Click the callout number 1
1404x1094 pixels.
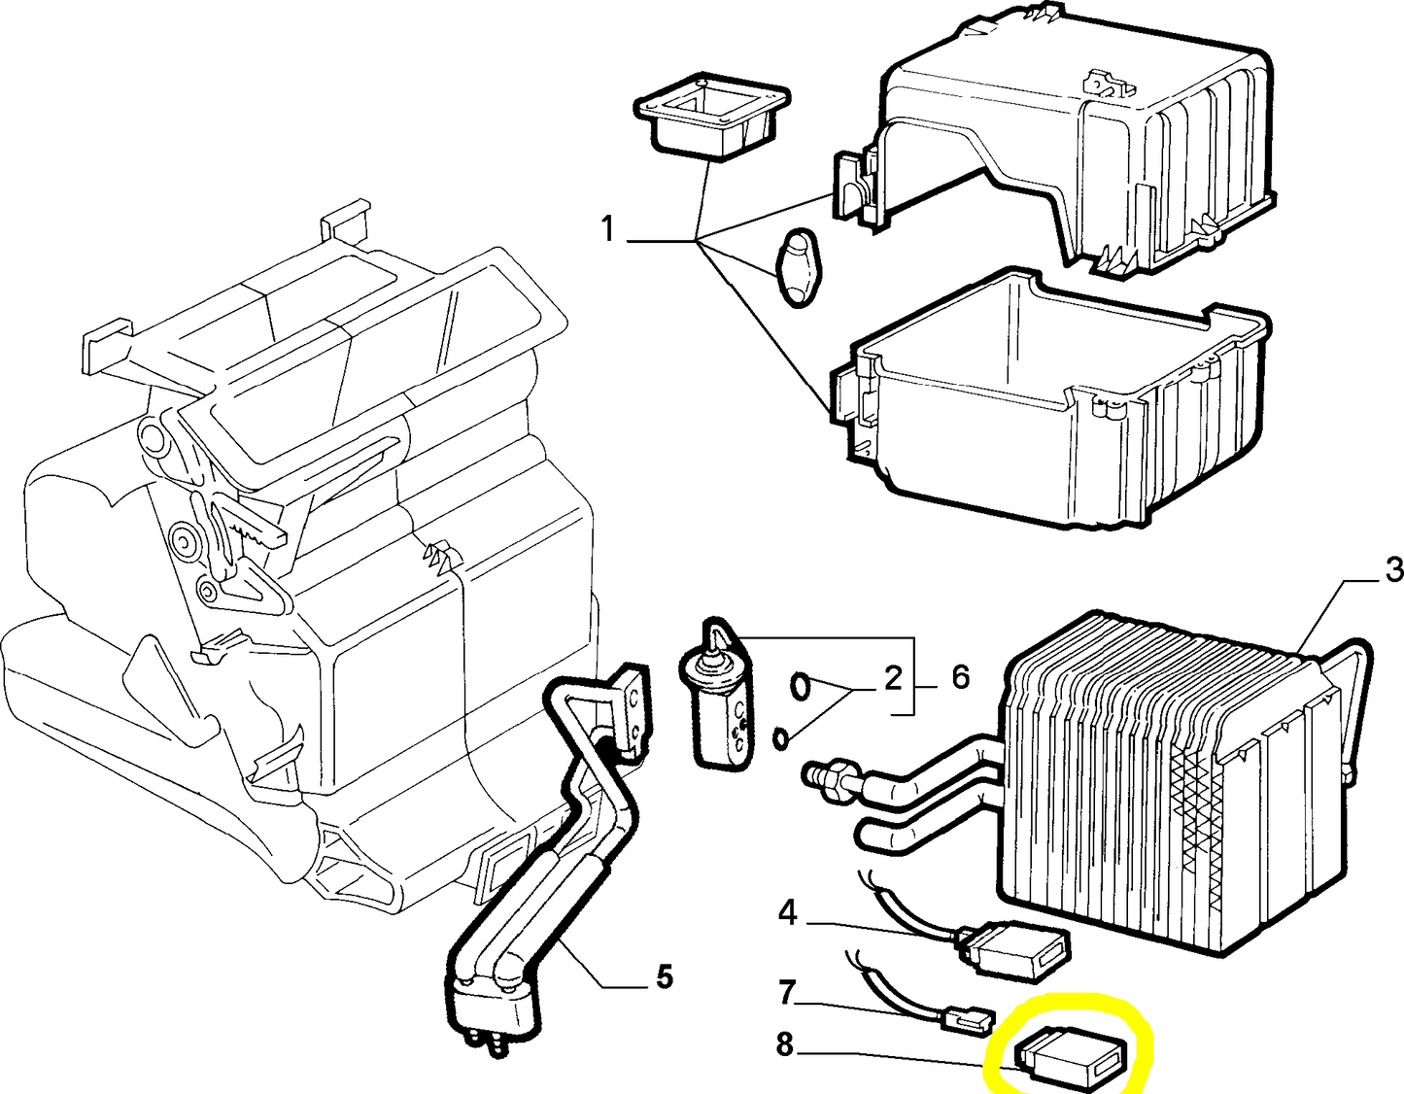[x=607, y=230]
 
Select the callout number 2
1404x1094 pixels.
[x=893, y=678]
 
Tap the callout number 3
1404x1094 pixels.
[x=1393, y=570]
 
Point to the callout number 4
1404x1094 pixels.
[x=787, y=912]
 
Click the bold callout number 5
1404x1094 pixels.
[x=664, y=975]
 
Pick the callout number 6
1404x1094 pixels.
[x=960, y=677]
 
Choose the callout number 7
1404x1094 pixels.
[x=787, y=993]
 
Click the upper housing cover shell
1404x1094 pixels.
[x=1059, y=146]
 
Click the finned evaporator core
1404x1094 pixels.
[x=1176, y=768]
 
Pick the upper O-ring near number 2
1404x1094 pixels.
[x=799, y=686]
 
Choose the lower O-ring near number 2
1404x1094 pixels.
[x=780, y=739]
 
